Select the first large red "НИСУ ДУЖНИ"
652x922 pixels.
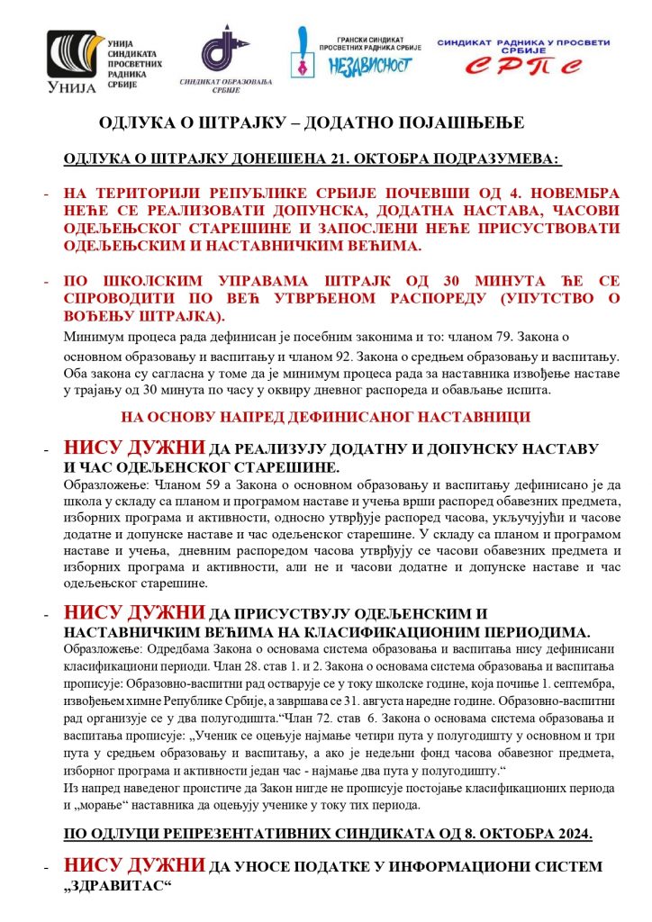[x=135, y=447]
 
